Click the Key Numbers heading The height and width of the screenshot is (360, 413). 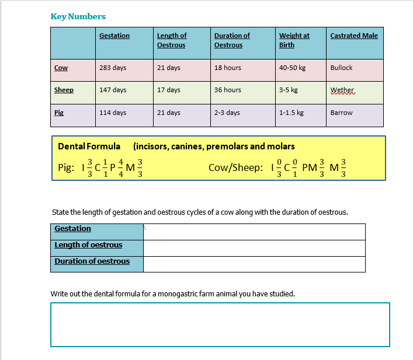[x=78, y=16]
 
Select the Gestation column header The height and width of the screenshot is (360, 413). [x=114, y=36]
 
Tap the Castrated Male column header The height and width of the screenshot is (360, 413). [x=354, y=36]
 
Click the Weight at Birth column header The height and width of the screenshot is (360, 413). [x=294, y=40]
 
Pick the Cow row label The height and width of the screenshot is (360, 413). [x=61, y=68]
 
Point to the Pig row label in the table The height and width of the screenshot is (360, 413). [x=58, y=113]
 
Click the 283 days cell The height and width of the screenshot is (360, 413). [x=113, y=68]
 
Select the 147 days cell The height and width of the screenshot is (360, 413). [x=113, y=90]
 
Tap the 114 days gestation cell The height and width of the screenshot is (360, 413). [x=113, y=113]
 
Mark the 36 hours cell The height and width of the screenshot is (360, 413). [x=228, y=90]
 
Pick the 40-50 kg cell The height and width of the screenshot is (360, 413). [x=292, y=68]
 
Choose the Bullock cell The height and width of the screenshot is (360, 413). [x=342, y=68]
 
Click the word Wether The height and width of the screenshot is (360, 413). [x=342, y=90]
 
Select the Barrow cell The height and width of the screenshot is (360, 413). [x=342, y=113]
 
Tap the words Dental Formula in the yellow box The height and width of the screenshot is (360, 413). [x=89, y=146]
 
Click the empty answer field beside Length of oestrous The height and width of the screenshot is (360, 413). [x=254, y=247]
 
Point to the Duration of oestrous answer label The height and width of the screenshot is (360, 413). [x=92, y=261]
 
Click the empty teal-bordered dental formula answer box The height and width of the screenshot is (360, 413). [x=220, y=324]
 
